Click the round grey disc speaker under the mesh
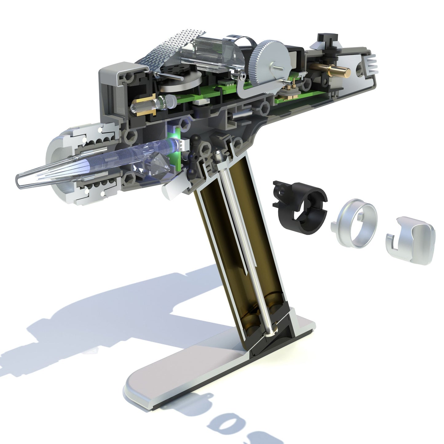coord(181,83)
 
